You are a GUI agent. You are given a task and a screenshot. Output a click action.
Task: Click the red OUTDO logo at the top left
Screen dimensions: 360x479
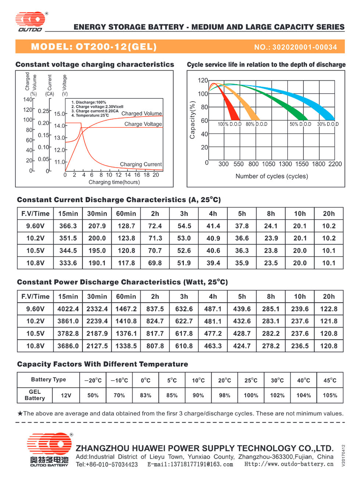coord(30,21)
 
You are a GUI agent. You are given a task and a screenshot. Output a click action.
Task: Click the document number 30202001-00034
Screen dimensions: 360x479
coord(305,47)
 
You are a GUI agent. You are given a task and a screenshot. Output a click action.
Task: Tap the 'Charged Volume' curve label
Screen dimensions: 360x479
coord(141,113)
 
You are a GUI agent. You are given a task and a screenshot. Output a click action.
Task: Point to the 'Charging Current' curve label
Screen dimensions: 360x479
coord(141,164)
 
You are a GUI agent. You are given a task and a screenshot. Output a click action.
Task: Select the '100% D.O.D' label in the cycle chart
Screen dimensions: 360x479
coord(230,124)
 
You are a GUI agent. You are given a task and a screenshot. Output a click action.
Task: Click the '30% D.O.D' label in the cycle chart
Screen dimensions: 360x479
coord(328,124)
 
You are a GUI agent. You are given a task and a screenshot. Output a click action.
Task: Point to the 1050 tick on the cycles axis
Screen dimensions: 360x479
coord(269,164)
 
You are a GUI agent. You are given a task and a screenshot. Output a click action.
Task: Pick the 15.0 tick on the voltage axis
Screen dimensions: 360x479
coord(60,114)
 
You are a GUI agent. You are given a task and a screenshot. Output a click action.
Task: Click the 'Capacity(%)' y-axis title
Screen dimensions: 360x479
coord(192,120)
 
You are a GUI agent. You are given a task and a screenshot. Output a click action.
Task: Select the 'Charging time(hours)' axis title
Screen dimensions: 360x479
coord(114,182)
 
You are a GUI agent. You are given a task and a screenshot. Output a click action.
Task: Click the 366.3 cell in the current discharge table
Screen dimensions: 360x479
coord(68,226)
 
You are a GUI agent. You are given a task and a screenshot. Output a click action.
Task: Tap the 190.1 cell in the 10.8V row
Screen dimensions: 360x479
coord(97,263)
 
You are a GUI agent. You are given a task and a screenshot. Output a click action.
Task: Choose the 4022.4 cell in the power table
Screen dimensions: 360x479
coord(68,309)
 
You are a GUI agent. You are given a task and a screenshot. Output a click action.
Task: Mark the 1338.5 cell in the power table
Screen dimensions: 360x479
coord(126,346)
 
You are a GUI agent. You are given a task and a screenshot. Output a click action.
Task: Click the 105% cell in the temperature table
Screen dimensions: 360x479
coord(330,395)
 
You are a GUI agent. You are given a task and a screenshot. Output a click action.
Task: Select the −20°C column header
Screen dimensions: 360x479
coord(93,380)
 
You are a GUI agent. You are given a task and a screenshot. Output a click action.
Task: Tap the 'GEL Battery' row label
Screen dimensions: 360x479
coord(35,395)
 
